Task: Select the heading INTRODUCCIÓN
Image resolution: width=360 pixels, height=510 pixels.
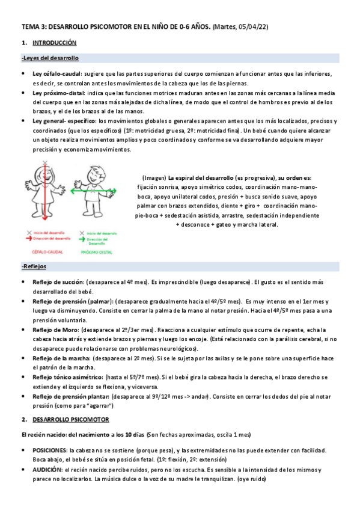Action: pyautogui.click(x=54, y=43)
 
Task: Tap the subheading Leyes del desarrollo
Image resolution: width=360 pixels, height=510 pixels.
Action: pyautogui.click(x=50, y=58)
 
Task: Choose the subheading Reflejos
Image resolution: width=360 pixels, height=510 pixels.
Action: pyautogui.click(x=35, y=266)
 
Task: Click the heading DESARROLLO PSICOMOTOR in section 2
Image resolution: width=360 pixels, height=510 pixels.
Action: pyautogui.click(x=70, y=419)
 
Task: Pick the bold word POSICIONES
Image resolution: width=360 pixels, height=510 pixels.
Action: pyautogui.click(x=50, y=450)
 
